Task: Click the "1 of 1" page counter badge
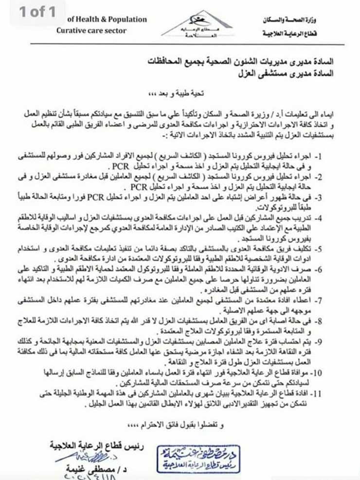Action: tap(37, 12)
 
